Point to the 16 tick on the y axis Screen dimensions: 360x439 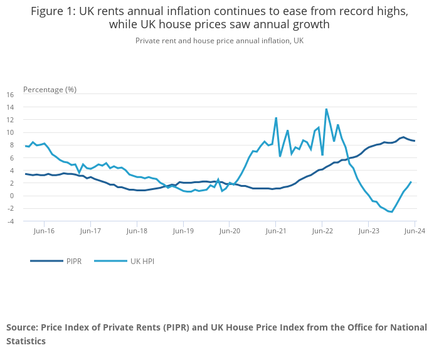(9, 95)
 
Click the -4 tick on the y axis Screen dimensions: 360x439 (9, 221)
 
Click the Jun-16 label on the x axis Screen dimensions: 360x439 (44, 231)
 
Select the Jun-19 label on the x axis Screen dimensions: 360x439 (182, 231)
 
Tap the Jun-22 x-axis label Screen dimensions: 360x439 (322, 231)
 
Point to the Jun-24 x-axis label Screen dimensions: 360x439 (414, 231)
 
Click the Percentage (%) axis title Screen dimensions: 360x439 (50, 89)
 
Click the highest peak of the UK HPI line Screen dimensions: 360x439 (326, 109)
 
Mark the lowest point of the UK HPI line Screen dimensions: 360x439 (392, 212)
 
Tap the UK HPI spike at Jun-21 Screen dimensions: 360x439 (276, 118)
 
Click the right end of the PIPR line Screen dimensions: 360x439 (414, 140)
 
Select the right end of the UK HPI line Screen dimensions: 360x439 (411, 182)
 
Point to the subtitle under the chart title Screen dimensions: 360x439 (219, 40)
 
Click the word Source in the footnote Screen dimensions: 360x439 (21, 327)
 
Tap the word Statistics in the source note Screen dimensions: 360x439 (26, 341)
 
